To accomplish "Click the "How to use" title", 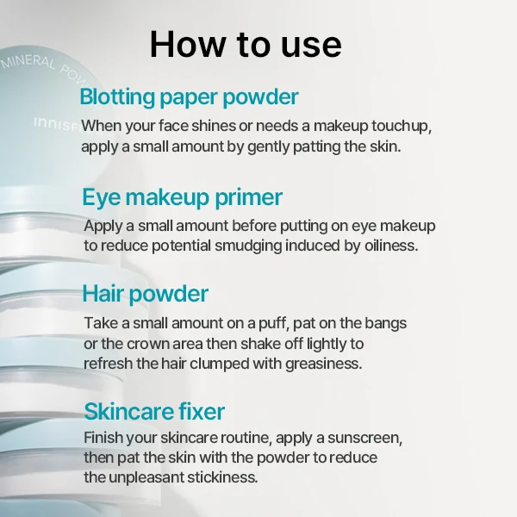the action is tap(246, 45).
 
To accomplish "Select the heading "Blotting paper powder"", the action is tap(189, 97).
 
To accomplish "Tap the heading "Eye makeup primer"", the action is tap(182, 197).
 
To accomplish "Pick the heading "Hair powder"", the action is tap(145, 294).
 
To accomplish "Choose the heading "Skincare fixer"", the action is tap(154, 412).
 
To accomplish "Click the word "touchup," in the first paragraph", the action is tap(402, 126).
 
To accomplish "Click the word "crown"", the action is tap(148, 344).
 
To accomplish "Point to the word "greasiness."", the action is tap(324, 364).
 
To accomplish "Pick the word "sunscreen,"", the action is tap(365, 438).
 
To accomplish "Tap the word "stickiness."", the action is tap(222, 477).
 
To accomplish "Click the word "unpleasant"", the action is tap(146, 477).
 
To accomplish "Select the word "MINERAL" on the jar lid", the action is tap(28, 62).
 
